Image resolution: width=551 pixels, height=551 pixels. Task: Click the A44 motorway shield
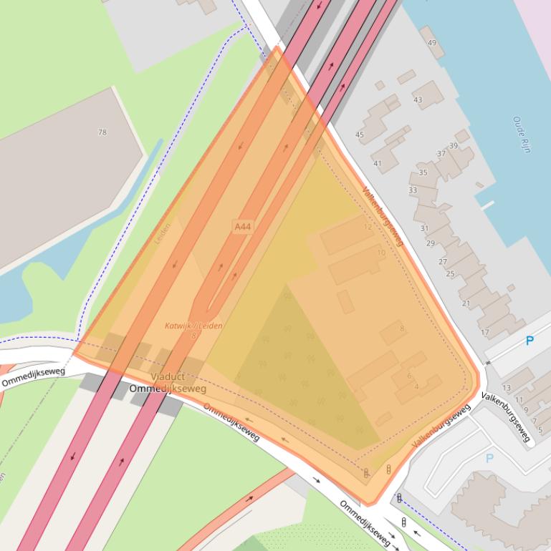[243, 227]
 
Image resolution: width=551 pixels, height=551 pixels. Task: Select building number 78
[102, 132]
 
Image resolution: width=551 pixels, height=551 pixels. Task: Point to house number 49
[431, 44]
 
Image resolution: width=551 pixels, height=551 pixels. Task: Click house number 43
[418, 100]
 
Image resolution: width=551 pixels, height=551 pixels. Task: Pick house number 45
[360, 135]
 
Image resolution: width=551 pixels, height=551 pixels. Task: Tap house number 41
[378, 164]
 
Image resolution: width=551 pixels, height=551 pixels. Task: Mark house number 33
[412, 190]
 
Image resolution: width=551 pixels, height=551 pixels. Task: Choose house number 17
[485, 333]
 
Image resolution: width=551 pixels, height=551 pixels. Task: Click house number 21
[466, 303]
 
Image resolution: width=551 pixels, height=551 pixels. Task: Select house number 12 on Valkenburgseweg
[368, 227]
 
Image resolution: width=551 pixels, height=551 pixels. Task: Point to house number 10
[381, 253]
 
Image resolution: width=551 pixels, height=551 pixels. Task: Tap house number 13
[507, 388]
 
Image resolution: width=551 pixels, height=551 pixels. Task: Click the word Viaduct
[168, 376]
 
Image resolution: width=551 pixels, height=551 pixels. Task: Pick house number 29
[430, 244]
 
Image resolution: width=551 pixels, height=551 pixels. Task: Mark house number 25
[450, 274]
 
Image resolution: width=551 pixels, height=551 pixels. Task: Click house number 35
[423, 173]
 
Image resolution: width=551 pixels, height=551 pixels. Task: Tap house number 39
[454, 146]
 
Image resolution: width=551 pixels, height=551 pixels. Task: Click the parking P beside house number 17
[530, 341]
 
